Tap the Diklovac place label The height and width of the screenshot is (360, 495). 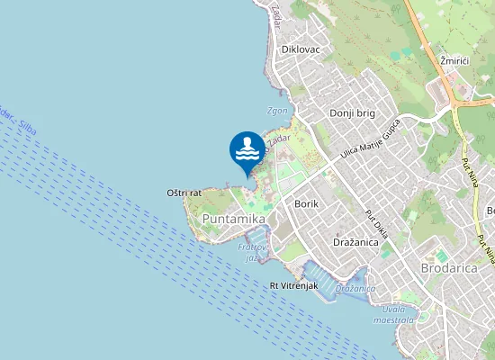(301, 49)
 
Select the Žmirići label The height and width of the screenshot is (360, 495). (455, 60)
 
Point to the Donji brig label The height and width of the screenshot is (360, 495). (351, 113)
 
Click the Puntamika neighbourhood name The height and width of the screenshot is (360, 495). (234, 219)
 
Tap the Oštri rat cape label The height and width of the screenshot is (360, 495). (184, 193)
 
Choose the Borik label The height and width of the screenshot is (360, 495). (306, 204)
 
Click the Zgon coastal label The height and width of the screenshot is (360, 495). (277, 111)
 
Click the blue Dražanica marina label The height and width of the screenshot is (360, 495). (355, 289)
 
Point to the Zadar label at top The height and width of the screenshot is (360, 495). (275, 12)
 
